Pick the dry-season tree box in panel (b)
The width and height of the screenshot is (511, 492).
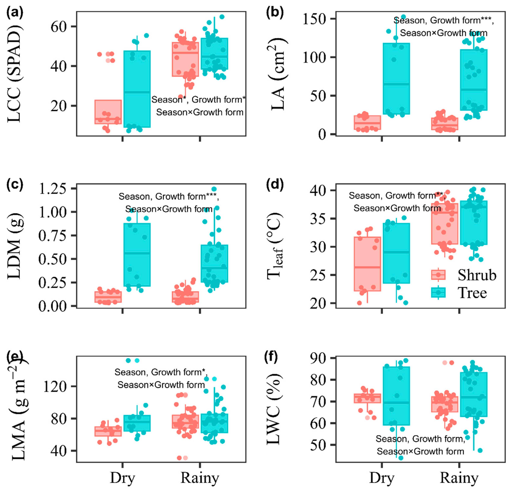point(396,78)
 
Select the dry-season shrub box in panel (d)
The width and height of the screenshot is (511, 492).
point(367,264)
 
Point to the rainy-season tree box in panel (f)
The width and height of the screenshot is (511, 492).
point(474,394)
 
